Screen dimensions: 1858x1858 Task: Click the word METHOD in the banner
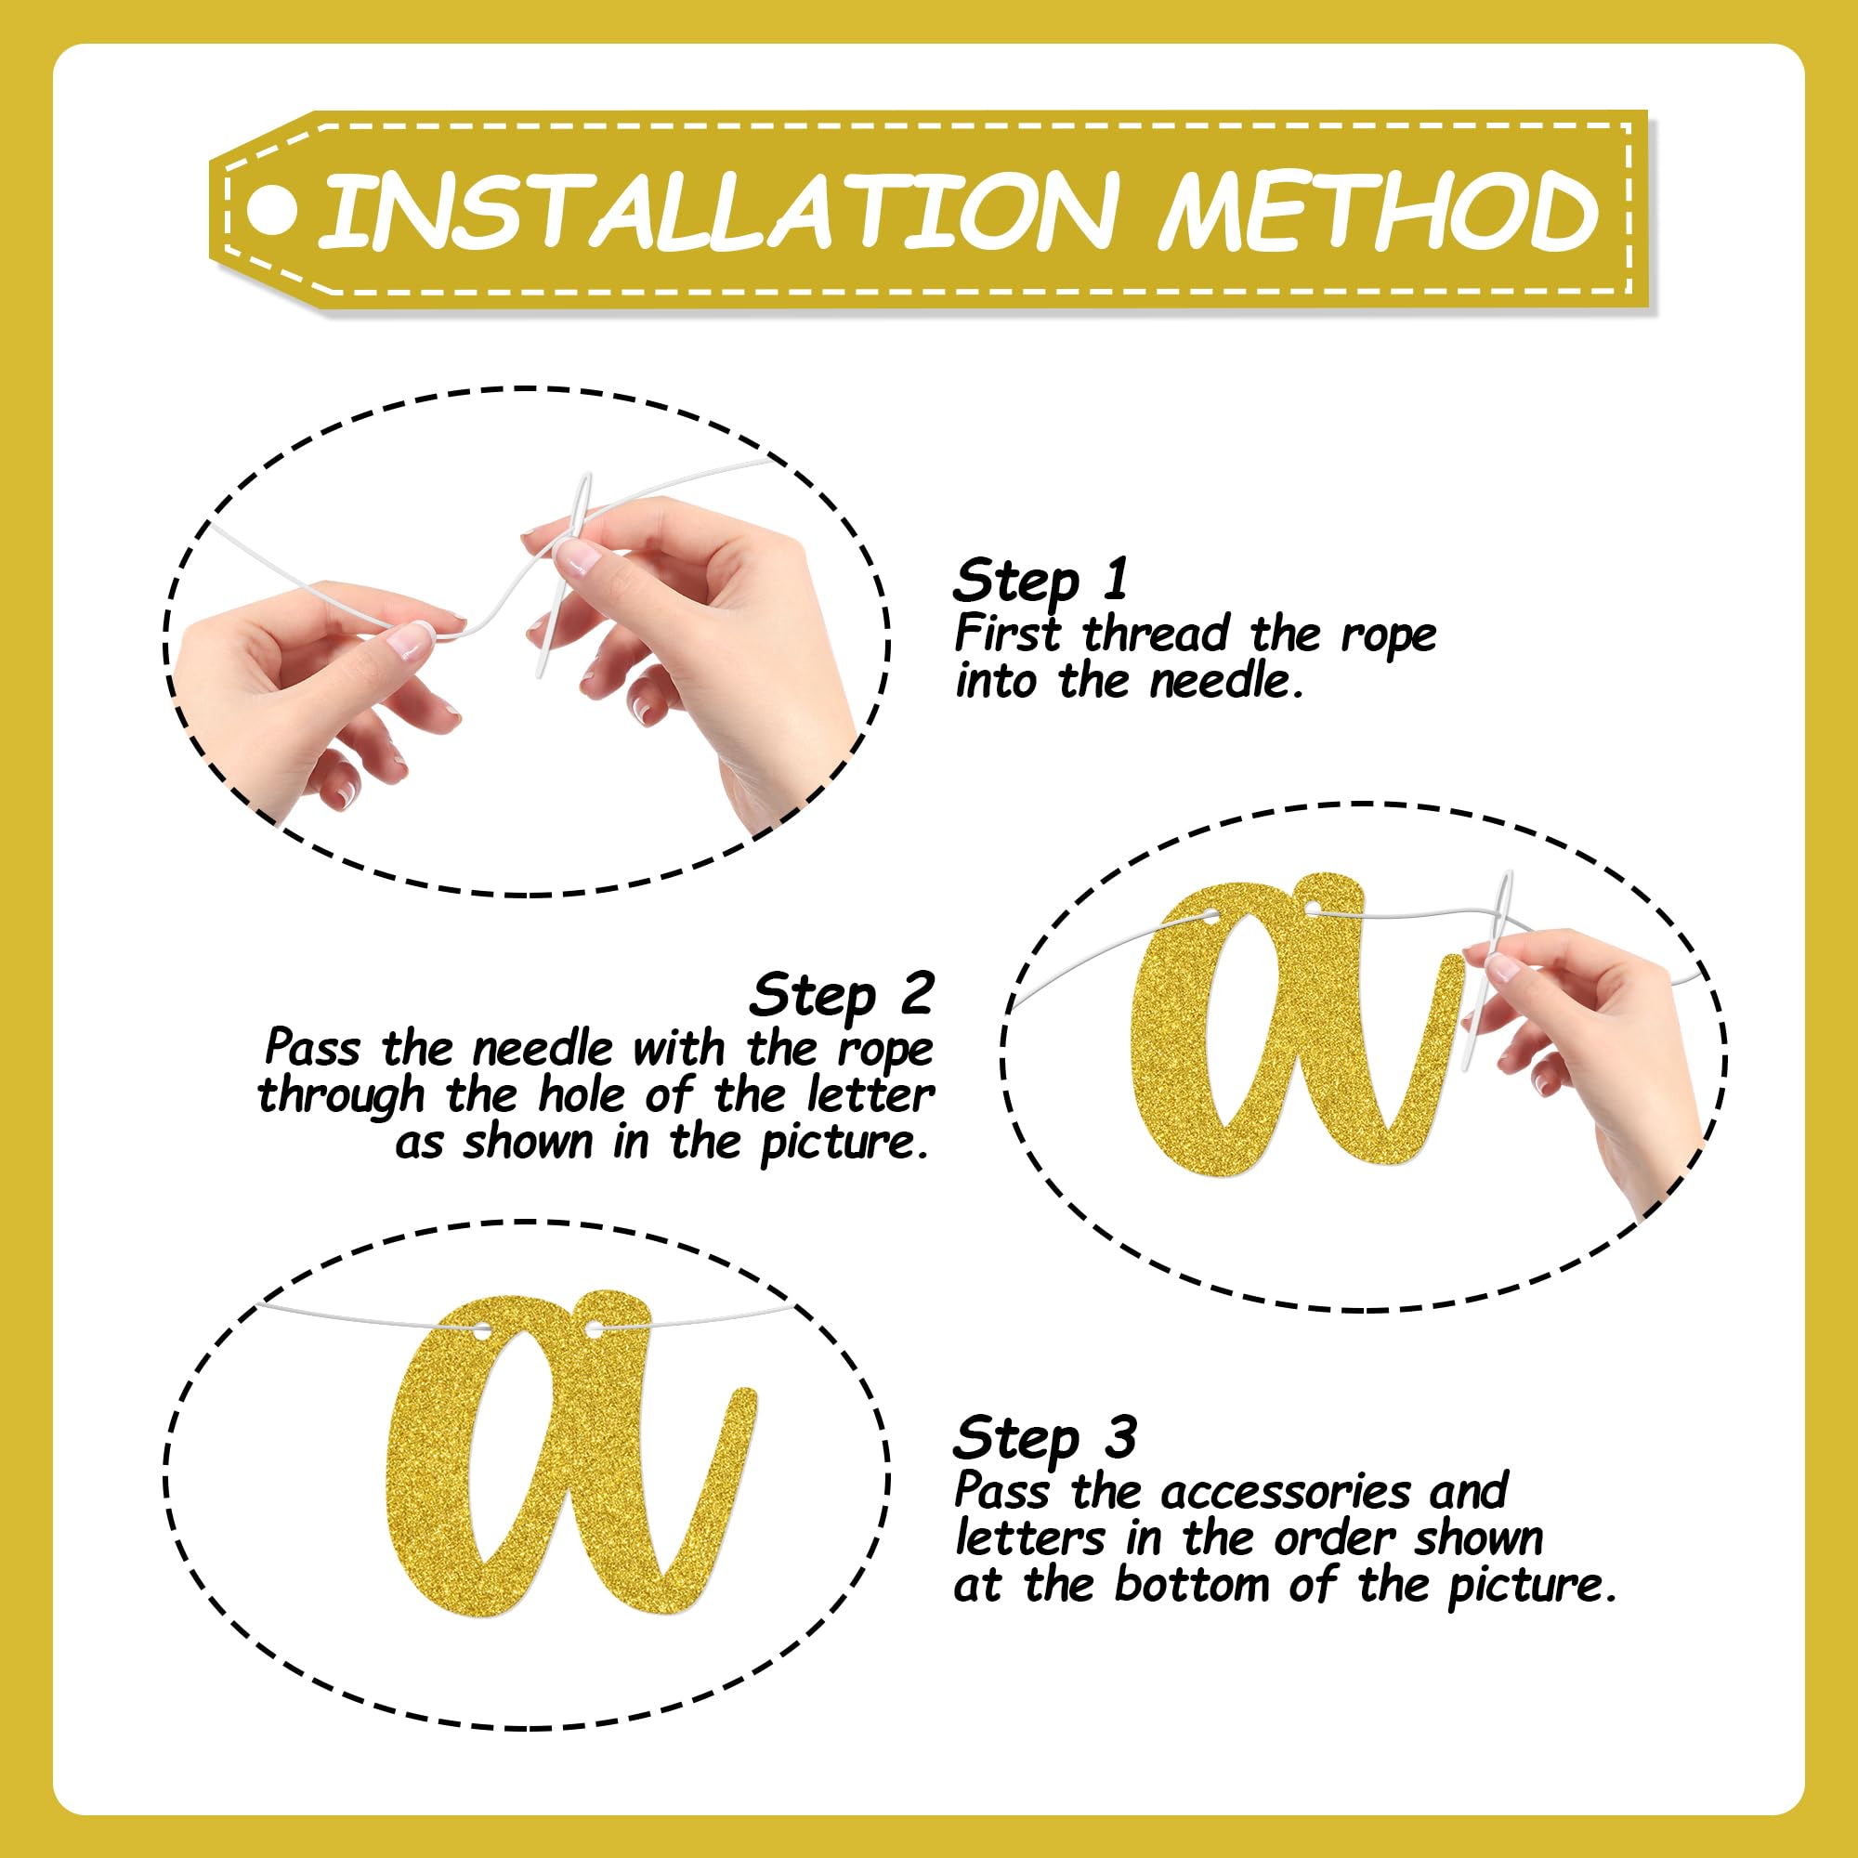(x=1378, y=210)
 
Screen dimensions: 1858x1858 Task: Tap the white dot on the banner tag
(x=272, y=210)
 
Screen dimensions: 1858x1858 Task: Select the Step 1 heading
(x=1040, y=581)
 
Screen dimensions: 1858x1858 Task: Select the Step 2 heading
(x=842, y=994)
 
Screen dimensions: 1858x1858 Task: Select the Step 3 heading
(x=1044, y=1439)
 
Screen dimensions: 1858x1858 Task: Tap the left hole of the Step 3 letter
(x=481, y=1331)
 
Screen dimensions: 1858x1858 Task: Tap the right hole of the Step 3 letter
(x=596, y=1331)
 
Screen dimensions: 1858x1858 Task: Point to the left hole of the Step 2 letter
(x=1208, y=917)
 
